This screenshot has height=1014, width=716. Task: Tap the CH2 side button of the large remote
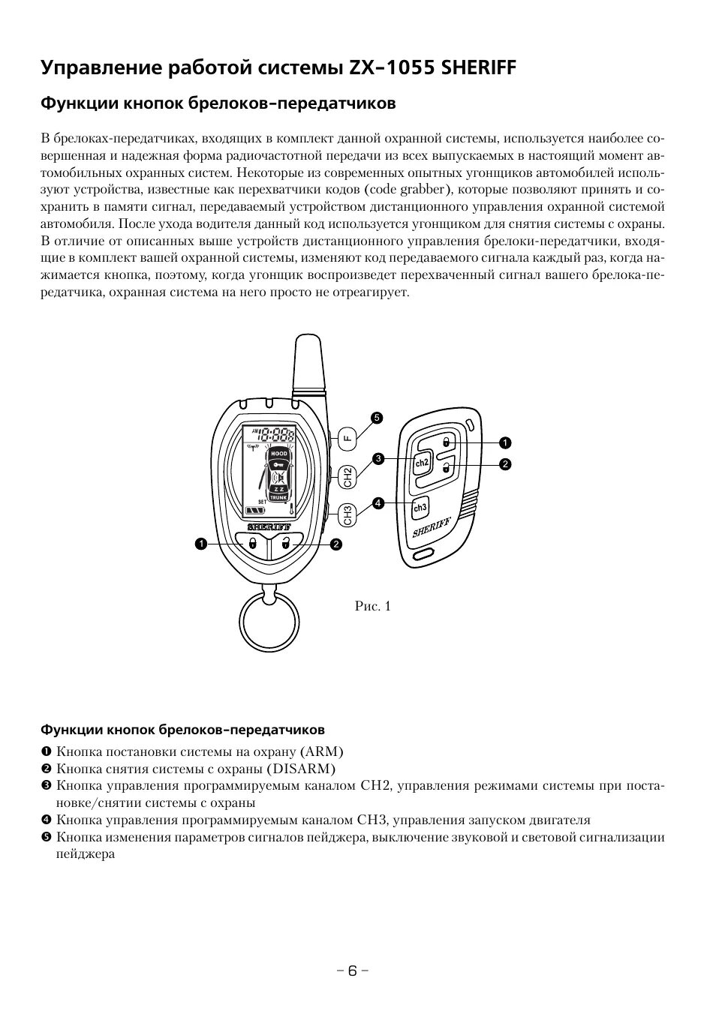pyautogui.click(x=346, y=475)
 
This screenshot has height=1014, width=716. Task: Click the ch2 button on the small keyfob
pyautogui.click(x=422, y=463)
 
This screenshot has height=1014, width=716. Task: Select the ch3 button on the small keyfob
pyautogui.click(x=420, y=508)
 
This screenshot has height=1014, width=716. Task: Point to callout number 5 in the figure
pyautogui.click(x=377, y=418)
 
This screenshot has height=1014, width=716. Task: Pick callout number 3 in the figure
pyautogui.click(x=379, y=457)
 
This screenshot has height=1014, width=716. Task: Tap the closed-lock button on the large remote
pyautogui.click(x=252, y=543)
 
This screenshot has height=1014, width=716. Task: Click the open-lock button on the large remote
pyautogui.click(x=285, y=543)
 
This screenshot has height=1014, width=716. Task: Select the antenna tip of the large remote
pyautogui.click(x=308, y=345)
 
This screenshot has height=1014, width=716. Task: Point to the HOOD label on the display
pyautogui.click(x=278, y=454)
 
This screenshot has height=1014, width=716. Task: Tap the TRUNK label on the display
pyautogui.click(x=278, y=496)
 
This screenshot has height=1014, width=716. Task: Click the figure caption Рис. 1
pyautogui.click(x=373, y=606)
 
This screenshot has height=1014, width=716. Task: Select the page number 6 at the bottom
pyautogui.click(x=352, y=970)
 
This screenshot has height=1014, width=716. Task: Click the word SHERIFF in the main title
pyautogui.click(x=479, y=68)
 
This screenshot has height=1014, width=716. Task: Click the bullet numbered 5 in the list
pyautogui.click(x=46, y=838)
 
